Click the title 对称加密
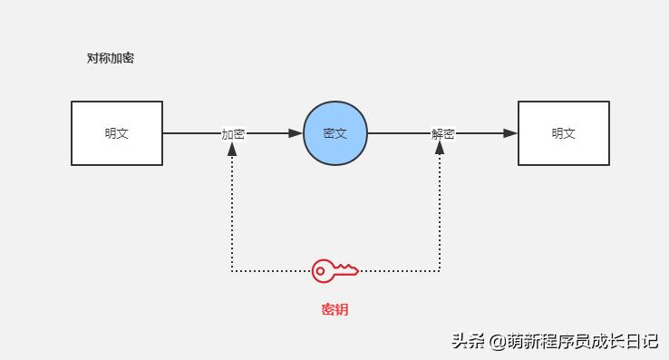(111, 59)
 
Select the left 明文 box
(117, 133)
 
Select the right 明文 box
(563, 133)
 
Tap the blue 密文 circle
(334, 133)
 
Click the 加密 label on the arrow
(233, 134)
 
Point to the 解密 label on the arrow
(442, 134)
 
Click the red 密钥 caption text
(334, 310)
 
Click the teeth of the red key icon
(349, 270)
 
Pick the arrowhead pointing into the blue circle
(296, 133)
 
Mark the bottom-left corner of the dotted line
(232, 270)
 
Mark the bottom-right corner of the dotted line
(441, 270)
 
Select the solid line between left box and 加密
(190, 133)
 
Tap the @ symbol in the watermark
(498, 342)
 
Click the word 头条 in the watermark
(468, 342)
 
